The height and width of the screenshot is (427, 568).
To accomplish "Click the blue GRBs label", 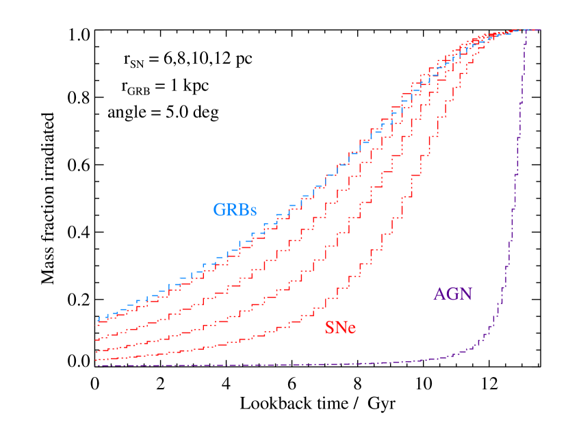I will pyautogui.click(x=235, y=210).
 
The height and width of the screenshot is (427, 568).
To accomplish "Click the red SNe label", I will pyautogui.click(x=340, y=328).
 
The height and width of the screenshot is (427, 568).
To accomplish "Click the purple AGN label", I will pyautogui.click(x=453, y=294).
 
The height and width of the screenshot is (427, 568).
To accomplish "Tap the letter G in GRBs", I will pyautogui.click(x=219, y=210).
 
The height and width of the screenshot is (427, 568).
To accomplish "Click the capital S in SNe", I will pyautogui.click(x=329, y=328).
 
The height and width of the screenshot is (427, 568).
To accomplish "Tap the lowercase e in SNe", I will pyautogui.click(x=351, y=330).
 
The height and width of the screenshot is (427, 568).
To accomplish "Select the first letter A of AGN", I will pyautogui.click(x=440, y=294).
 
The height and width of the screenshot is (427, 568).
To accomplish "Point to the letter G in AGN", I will pyautogui.click(x=453, y=294).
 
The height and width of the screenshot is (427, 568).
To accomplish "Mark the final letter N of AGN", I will pyautogui.click(x=466, y=294).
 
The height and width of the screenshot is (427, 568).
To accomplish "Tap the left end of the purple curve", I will pyautogui.click(x=96, y=365).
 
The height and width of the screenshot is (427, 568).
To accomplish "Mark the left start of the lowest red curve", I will pyautogui.click(x=96, y=359).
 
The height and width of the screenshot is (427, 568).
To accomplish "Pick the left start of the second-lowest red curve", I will pyautogui.click(x=96, y=351).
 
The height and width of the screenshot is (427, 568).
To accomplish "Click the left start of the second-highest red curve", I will pyautogui.click(x=96, y=339).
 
